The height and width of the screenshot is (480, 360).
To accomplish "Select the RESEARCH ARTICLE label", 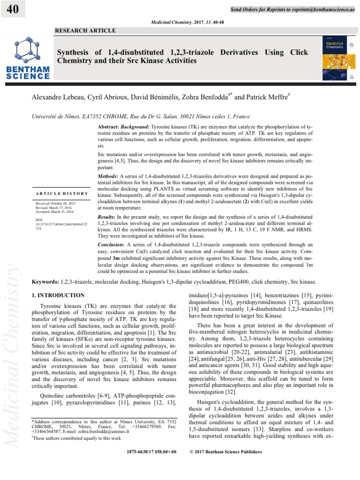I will (x=85, y=30).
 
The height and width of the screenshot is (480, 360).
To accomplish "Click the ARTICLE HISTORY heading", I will (x=61, y=194).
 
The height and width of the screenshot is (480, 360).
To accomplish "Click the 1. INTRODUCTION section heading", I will (x=58, y=295).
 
